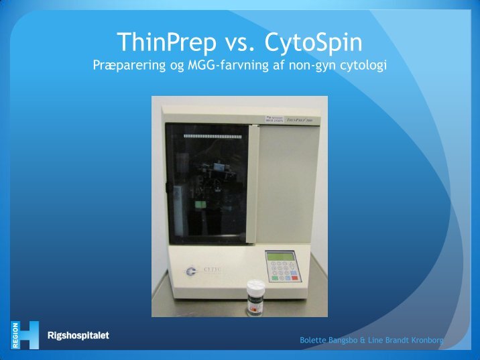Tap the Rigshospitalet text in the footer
[78, 335]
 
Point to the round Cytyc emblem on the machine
[192, 272]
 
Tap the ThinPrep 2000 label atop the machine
[300, 119]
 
